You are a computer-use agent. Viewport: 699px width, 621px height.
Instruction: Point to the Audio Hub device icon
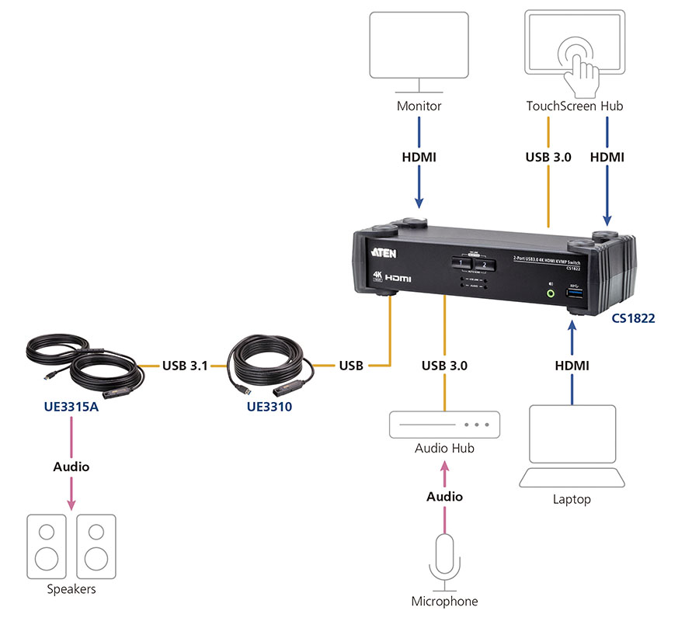pyautogui.click(x=444, y=425)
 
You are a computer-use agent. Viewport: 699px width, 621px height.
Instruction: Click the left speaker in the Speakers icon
pyautogui.click(x=47, y=546)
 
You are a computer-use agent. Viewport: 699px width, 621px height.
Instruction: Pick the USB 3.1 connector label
pyautogui.click(x=185, y=365)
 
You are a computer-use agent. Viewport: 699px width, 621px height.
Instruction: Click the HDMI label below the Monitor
pyautogui.click(x=419, y=157)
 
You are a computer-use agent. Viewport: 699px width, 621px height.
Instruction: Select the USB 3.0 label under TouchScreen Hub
pyautogui.click(x=548, y=157)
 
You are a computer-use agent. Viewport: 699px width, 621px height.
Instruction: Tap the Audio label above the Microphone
pyautogui.click(x=444, y=496)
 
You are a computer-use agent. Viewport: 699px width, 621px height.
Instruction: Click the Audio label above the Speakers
pyautogui.click(x=71, y=467)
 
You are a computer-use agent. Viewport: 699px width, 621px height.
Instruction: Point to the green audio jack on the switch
pyautogui.click(x=551, y=293)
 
